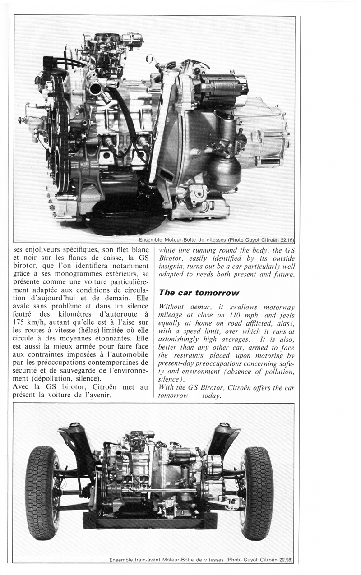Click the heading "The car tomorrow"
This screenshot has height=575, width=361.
(199, 293)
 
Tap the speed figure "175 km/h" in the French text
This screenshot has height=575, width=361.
(29, 322)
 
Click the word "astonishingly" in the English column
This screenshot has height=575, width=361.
(179, 339)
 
